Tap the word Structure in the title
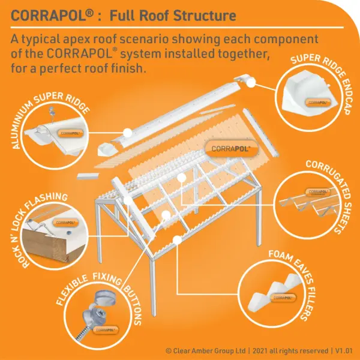tap(205, 16)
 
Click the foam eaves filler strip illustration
tap(275, 291)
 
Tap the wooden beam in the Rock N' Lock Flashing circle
tap(50, 245)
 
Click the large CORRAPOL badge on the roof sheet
tap(232, 149)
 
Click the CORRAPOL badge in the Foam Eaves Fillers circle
tap(283, 298)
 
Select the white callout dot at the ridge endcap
tap(251, 83)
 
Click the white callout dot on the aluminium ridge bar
tap(128, 133)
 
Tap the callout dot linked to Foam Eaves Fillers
tap(177, 240)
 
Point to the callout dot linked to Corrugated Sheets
tap(181, 178)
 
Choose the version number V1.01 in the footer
tap(344, 351)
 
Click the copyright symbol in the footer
tap(169, 351)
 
